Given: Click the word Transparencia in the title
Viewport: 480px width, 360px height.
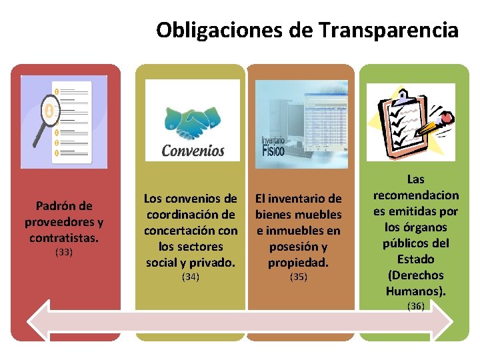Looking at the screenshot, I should [x=389, y=30].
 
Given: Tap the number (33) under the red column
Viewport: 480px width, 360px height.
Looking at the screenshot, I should [x=64, y=252].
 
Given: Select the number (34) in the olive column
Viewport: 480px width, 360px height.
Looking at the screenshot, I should [x=191, y=276].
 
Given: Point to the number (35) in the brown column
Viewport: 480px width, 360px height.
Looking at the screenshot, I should [x=299, y=276].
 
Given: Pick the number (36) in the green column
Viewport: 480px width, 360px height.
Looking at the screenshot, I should [x=416, y=305].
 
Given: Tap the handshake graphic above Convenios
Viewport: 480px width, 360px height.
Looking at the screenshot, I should [x=193, y=120].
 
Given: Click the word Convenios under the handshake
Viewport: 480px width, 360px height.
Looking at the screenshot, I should [x=193, y=151].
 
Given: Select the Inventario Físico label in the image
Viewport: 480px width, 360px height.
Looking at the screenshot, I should [x=272, y=146].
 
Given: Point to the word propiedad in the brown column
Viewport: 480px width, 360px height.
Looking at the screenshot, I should [x=298, y=262].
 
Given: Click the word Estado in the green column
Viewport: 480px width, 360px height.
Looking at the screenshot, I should [x=416, y=259].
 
